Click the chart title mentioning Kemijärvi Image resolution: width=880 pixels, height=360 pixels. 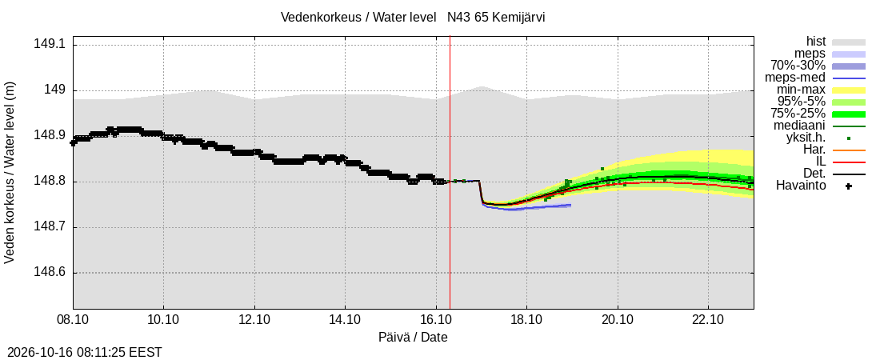[413, 18]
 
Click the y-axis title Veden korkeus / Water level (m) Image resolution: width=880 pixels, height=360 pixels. [10, 173]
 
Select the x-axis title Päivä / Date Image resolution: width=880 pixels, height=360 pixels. [413, 337]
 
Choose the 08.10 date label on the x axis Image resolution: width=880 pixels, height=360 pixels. [73, 320]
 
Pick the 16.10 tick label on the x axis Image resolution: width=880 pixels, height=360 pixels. [436, 320]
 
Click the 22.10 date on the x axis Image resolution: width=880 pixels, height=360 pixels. [708, 320]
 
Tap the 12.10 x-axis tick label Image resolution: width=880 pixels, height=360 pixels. [254, 320]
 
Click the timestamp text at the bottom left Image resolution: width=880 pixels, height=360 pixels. [82, 353]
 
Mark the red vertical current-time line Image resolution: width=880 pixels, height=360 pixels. [450, 172]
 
